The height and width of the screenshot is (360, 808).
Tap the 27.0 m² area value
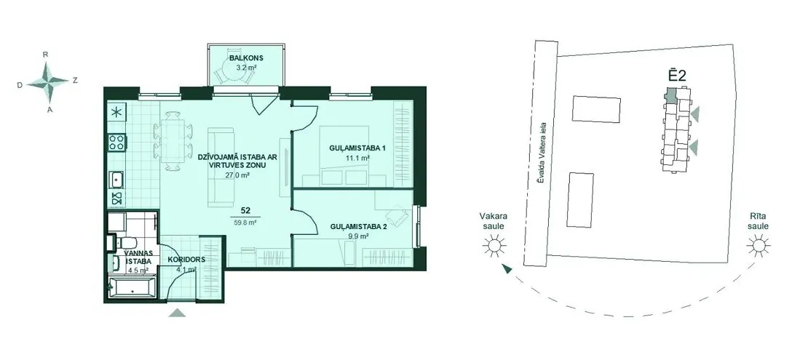(237, 175)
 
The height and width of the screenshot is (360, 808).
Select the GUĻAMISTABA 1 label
(357, 148)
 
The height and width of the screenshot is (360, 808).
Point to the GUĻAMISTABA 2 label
(357, 226)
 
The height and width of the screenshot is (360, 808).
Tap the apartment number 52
(246, 210)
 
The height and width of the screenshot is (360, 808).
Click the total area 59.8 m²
(245, 223)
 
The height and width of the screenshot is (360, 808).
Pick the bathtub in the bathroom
(131, 287)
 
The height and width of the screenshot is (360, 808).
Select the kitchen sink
(117, 179)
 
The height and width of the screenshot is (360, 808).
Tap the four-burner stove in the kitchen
(117, 142)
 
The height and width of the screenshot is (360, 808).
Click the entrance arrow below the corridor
(178, 312)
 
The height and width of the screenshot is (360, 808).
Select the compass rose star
(47, 81)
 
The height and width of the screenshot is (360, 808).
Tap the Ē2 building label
(675, 75)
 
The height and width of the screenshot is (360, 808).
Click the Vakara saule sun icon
(493, 246)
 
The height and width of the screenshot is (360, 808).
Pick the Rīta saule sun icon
(758, 246)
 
